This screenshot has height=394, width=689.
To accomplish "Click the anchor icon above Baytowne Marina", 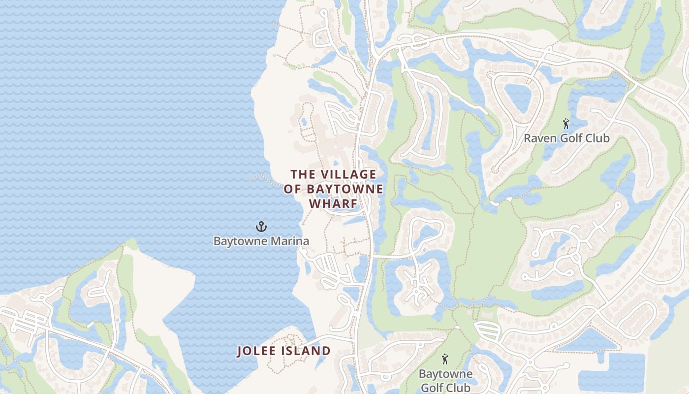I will point(261,227).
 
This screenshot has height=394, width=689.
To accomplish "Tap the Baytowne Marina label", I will point(261,241).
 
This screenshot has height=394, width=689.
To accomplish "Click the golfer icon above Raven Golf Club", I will point(566,124).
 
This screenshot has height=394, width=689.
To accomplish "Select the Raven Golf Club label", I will point(566,138).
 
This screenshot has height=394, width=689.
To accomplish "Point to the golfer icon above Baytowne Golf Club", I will point(445,359).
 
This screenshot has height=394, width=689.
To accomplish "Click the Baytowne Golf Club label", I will point(445,381).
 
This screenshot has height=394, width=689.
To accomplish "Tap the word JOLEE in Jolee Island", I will point(256,351).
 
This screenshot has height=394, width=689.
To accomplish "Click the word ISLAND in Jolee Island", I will point(307,351).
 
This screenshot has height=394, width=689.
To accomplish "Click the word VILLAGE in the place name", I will point(348,174).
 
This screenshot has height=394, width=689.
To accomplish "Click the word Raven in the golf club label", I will point(538,138).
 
